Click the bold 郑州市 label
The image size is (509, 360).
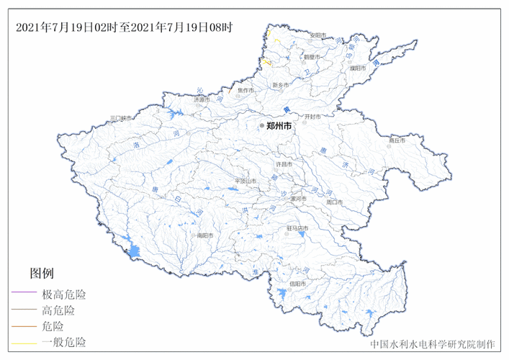coord(280,125)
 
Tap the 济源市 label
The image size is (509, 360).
coord(203,100)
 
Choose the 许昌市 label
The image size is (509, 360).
coord(285,164)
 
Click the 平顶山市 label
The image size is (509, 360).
coord(247,181)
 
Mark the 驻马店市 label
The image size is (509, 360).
coord(297,228)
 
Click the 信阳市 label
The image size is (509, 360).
coord(297,284)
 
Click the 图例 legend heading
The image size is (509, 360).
coord(42,274)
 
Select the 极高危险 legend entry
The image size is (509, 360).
coord(64,294)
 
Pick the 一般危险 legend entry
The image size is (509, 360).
coord(64,342)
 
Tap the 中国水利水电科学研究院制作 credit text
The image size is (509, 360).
coord(433,344)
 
